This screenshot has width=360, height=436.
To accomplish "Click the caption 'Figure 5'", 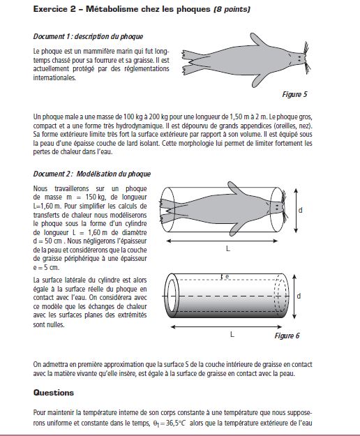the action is click(294, 95).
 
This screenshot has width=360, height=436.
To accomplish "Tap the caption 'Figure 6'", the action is click(287, 336).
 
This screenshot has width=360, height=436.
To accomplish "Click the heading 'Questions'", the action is click(54, 393).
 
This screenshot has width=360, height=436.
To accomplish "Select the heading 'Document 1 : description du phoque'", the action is click(88, 36).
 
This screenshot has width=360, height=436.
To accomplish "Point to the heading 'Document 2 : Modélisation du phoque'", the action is click(92, 174).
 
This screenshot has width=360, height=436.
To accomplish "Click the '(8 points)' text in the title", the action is click(232, 9).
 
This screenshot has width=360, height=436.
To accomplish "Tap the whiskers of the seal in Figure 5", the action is click(306, 58).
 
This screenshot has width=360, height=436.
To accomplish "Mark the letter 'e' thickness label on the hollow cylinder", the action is click(227, 276).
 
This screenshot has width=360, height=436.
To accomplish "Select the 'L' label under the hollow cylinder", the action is click(232, 334).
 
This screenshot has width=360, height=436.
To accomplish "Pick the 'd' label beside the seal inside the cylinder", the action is click(300, 210).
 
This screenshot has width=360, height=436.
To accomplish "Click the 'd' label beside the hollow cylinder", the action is click(299, 296).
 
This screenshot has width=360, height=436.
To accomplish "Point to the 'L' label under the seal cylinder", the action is click(228, 248).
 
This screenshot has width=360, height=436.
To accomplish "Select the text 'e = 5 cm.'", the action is click(46, 267).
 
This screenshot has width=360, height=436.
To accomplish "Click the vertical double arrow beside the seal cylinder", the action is click(296, 211).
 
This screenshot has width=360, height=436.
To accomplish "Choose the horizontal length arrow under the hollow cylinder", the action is click(226, 326).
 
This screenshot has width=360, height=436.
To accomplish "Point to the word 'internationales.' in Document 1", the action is click(54, 77).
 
